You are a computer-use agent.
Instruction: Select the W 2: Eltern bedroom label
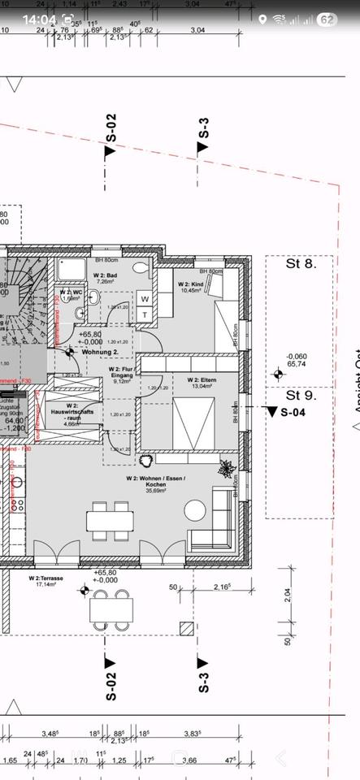(x=202, y=383)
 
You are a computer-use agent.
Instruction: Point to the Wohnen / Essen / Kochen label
(x=155, y=484)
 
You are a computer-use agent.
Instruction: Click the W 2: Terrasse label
(x=50, y=580)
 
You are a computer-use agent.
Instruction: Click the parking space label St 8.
(x=298, y=263)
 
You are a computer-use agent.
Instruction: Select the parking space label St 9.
(x=298, y=396)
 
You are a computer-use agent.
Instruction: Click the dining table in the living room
(x=111, y=520)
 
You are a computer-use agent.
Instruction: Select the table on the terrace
(x=111, y=608)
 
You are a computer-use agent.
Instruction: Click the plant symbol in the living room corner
(x=225, y=469)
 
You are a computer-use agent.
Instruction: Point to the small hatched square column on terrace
(x=186, y=629)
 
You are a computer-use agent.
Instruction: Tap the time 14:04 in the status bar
(x=39, y=19)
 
